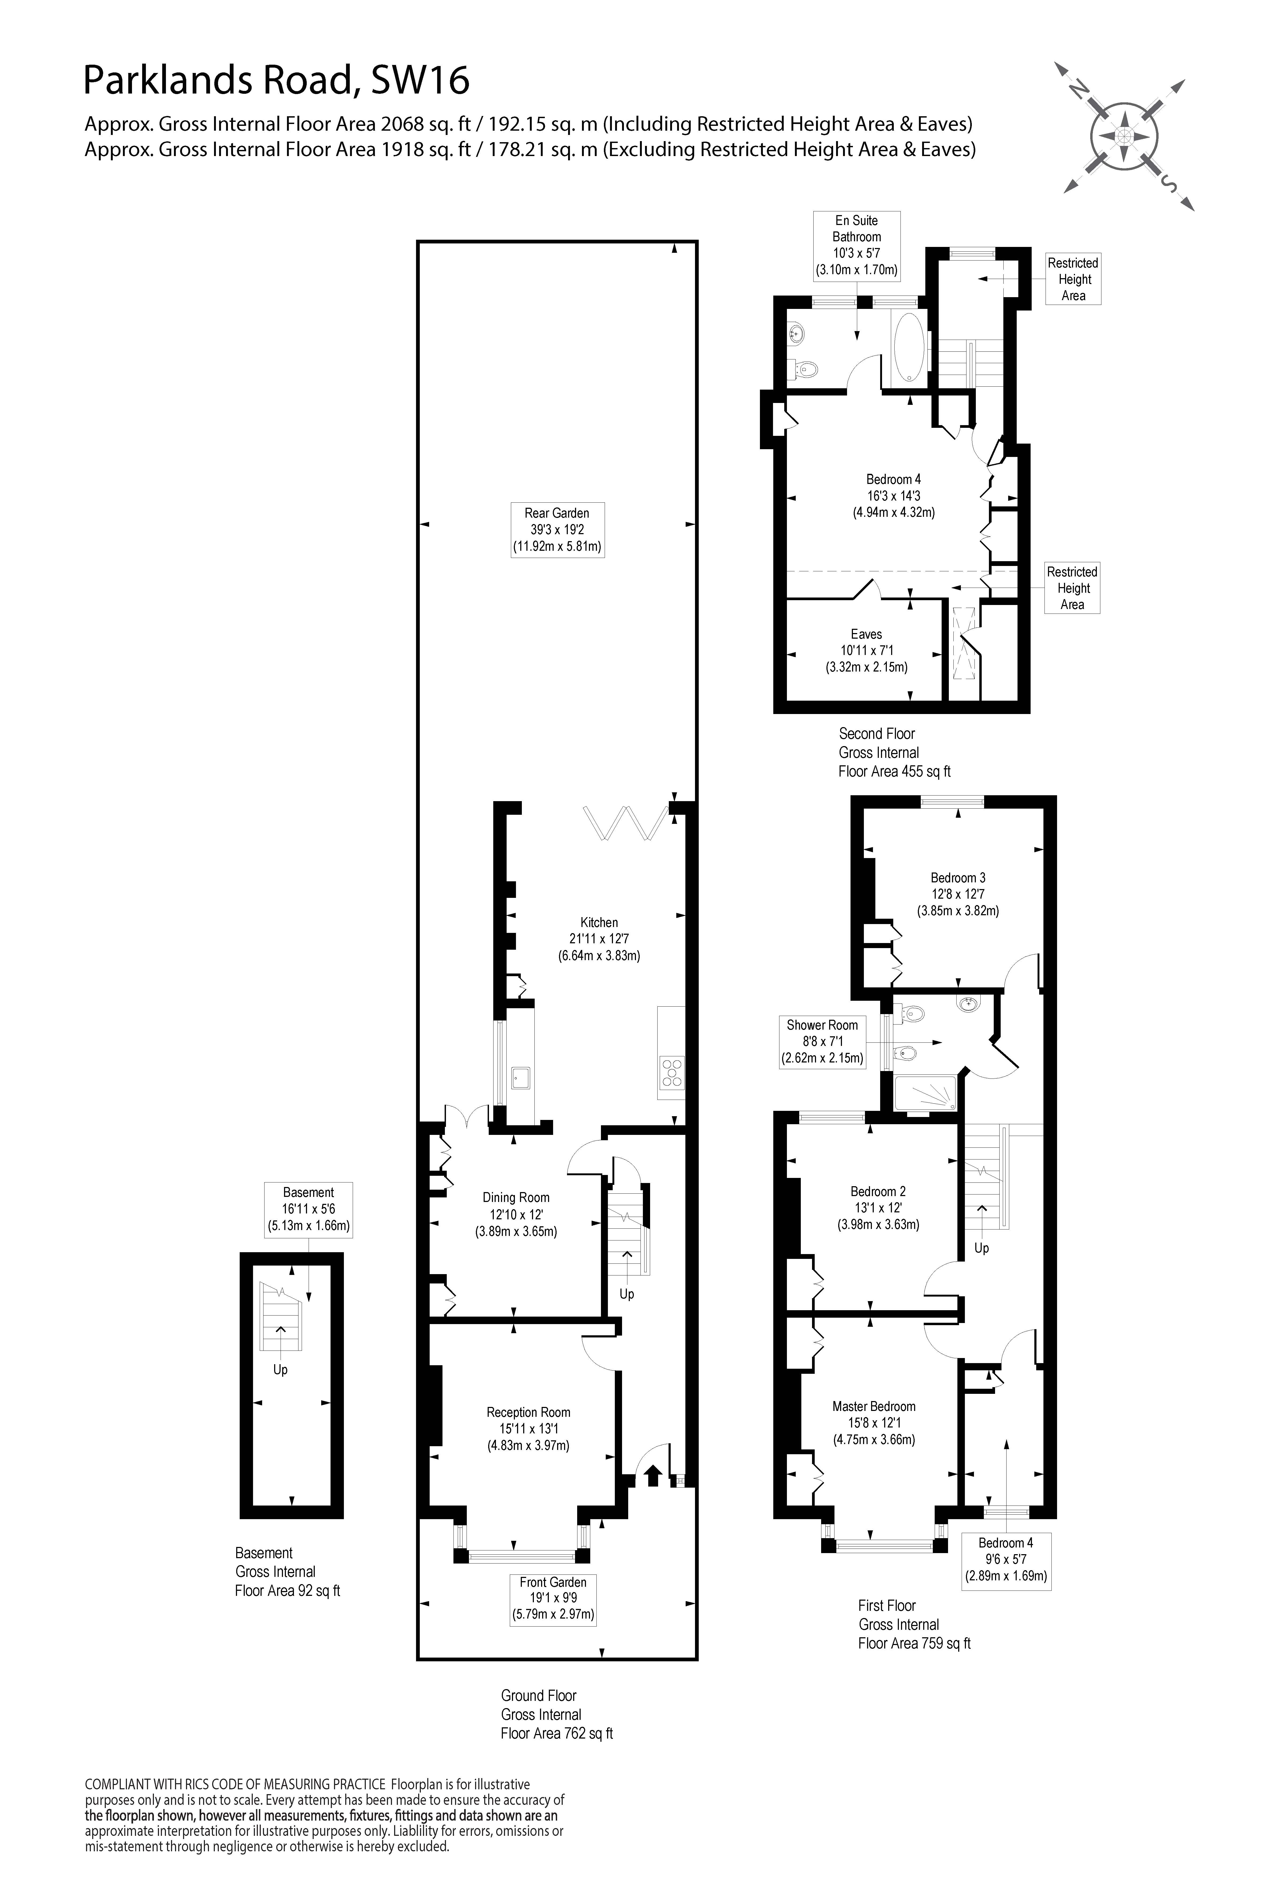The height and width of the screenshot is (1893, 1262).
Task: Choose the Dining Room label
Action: pos(516,1214)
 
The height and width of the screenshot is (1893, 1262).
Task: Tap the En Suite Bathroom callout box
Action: pos(856,246)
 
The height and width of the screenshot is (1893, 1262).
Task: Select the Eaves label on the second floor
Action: pos(866,650)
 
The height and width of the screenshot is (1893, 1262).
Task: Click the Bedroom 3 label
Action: pos(958,894)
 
